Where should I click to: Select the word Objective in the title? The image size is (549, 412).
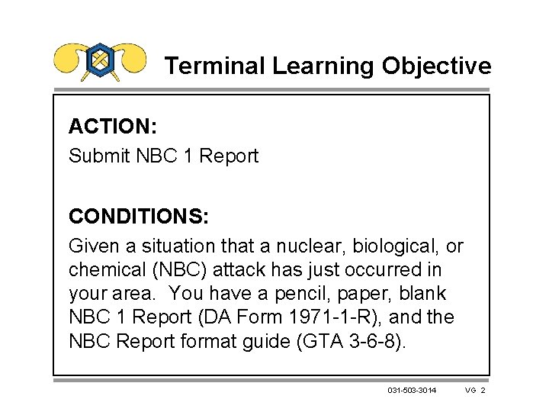tap(437, 66)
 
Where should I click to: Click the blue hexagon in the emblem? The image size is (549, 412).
tap(100, 59)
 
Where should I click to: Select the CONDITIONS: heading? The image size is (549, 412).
tap(138, 217)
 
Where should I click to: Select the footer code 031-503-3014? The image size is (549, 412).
tap(413, 391)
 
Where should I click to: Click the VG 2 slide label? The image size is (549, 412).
tap(474, 391)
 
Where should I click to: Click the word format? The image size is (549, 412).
tap(201, 340)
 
